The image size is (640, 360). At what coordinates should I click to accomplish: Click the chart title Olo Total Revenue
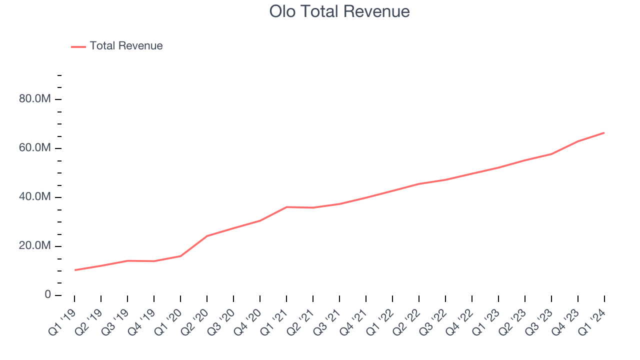(339, 11)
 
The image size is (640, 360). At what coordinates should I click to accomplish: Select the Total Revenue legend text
(126, 46)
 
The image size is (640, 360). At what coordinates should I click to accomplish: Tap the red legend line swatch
(78, 46)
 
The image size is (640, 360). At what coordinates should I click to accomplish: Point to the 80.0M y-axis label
(35, 99)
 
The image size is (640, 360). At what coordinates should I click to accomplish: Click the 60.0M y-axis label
(35, 148)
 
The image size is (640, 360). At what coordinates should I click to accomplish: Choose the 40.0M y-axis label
(35, 197)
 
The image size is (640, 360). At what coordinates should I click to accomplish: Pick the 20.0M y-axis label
(35, 246)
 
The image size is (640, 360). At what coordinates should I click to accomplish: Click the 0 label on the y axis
(47, 295)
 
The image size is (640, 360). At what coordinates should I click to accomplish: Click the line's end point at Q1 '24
(604, 133)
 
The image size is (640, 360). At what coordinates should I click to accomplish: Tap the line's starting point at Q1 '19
(74, 270)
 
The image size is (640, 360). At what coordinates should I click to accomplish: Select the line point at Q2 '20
(207, 236)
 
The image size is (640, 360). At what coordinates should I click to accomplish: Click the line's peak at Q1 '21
(286, 207)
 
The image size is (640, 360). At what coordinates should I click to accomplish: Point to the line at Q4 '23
(578, 141)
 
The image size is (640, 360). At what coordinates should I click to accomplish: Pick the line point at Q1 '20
(180, 256)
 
